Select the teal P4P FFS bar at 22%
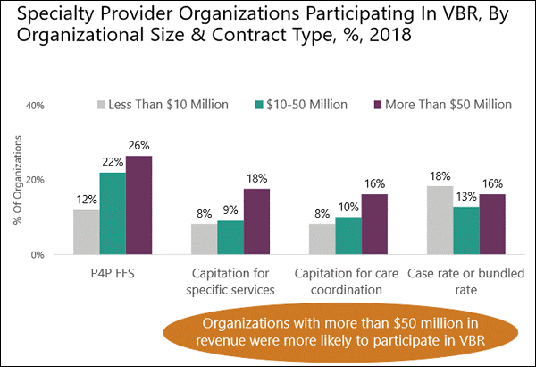click(113, 213)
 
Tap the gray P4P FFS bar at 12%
click(86, 232)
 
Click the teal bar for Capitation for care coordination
click(349, 235)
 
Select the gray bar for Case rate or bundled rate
click(440, 220)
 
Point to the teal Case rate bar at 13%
click(466, 230)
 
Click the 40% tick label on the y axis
click(34, 105)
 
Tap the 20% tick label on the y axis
click(34, 180)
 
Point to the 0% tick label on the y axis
click(37, 255)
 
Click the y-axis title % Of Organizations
click(17, 179)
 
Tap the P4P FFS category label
click(113, 271)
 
